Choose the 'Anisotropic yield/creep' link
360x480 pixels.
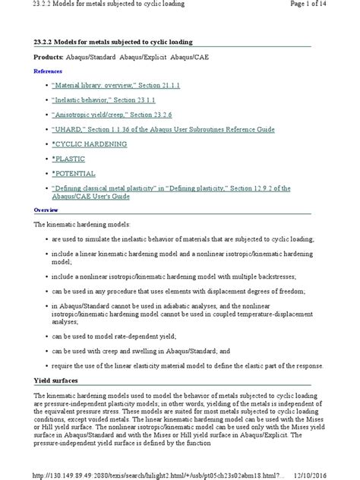pos(119,114)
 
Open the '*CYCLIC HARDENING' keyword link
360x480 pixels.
pos(89,143)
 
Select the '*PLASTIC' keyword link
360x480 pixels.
pos(71,157)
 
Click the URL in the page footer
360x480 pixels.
pos(159,472)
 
